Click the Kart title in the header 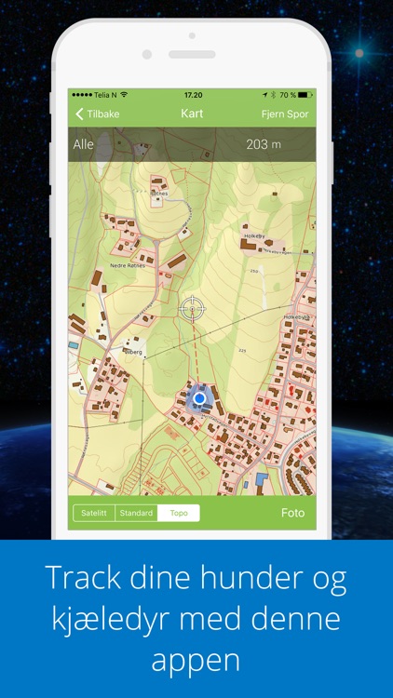click(x=192, y=114)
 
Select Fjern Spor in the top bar click(x=285, y=114)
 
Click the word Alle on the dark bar click(x=83, y=144)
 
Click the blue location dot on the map click(x=198, y=398)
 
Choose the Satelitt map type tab click(x=94, y=513)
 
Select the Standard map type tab click(x=136, y=513)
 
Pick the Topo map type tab click(x=178, y=513)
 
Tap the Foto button click(x=292, y=513)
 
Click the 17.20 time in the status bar click(x=193, y=95)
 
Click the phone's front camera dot click(x=147, y=55)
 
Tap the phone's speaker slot click(x=192, y=55)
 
